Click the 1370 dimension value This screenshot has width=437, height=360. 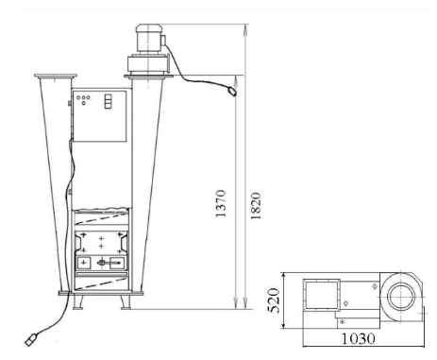221,203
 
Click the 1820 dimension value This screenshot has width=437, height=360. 256,206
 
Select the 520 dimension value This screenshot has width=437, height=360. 274,300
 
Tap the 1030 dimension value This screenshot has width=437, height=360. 359,339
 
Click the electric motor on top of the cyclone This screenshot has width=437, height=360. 149,40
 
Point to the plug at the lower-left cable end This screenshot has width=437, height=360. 31,339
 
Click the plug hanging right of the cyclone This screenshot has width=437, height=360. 233,92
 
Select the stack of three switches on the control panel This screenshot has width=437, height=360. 108,101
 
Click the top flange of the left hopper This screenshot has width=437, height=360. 56,76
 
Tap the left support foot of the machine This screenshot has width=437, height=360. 78,302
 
